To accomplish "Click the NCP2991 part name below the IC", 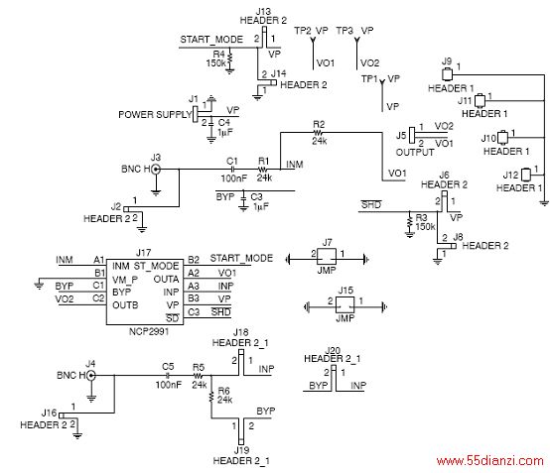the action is click(x=149, y=331).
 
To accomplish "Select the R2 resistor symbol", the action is click(x=318, y=133).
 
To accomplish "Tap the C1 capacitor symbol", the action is click(x=232, y=170).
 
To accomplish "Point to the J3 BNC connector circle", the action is click(x=156, y=170).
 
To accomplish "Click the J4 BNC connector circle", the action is click(x=91, y=376).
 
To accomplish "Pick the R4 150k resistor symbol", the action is click(x=229, y=59).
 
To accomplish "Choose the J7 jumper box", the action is click(x=327, y=257).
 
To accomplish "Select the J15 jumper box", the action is click(x=345, y=304).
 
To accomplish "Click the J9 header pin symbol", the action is click(x=447, y=74).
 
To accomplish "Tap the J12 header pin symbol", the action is click(x=526, y=175).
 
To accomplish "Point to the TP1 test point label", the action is click(x=370, y=79).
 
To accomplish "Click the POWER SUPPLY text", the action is click(x=155, y=115).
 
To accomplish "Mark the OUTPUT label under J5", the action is click(x=415, y=153).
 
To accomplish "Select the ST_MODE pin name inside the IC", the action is click(x=157, y=267).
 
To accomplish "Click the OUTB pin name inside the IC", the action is click(x=125, y=305).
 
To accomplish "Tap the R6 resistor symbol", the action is click(x=211, y=397).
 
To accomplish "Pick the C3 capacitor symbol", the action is click(x=243, y=200).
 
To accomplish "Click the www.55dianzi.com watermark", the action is click(x=490, y=460).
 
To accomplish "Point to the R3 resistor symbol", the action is click(x=409, y=222).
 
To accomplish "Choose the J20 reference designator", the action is click(x=333, y=351).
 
